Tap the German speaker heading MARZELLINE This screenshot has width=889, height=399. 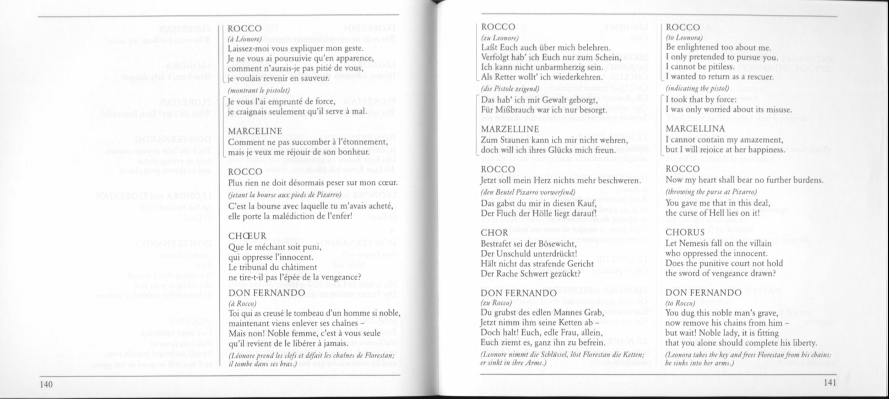click(509, 129)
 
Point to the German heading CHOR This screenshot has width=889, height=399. click(494, 233)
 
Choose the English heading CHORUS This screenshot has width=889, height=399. click(685, 232)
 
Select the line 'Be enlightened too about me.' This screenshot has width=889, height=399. click(714, 47)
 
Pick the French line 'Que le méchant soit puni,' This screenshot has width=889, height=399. click(274, 247)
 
